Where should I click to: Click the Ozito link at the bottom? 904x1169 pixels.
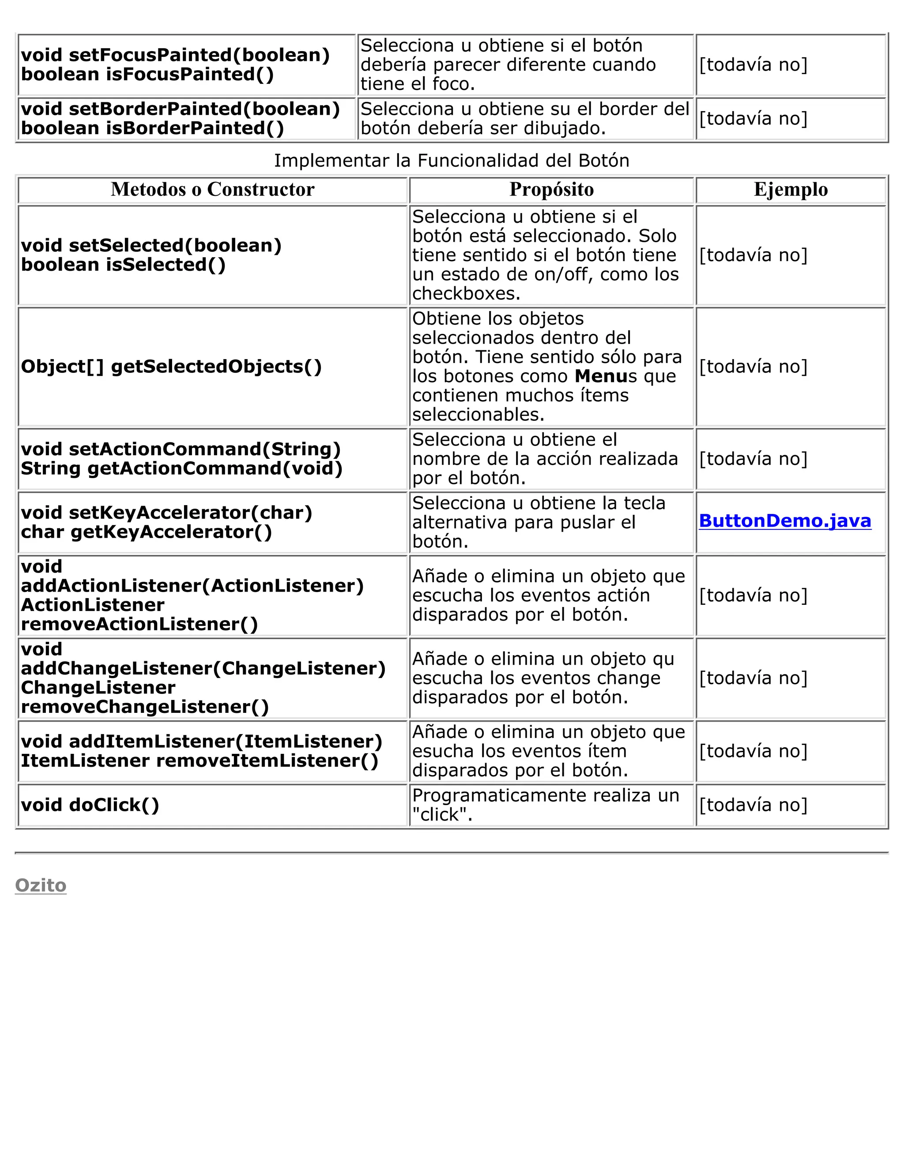click(x=41, y=885)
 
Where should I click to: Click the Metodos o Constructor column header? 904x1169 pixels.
click(x=213, y=190)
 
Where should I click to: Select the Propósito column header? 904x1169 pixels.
click(x=552, y=190)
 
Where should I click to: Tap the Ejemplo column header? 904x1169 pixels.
click(x=791, y=190)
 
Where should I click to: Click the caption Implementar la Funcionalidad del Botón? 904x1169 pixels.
click(x=452, y=161)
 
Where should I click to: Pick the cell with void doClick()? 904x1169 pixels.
click(x=90, y=805)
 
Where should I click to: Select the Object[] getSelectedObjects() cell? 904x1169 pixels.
click(x=171, y=367)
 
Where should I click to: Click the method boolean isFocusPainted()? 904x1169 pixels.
click(x=147, y=75)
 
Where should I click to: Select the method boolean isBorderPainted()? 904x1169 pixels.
click(x=153, y=128)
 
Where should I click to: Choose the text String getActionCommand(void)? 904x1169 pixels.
click(x=181, y=468)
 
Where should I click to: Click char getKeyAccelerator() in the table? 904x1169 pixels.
click(x=146, y=532)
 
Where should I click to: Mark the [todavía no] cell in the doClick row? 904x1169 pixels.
click(x=753, y=805)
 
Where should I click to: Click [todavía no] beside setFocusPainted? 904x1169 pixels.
click(x=753, y=65)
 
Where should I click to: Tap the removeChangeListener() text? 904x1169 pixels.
click(x=145, y=707)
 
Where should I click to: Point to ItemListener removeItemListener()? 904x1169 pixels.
click(x=199, y=761)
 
